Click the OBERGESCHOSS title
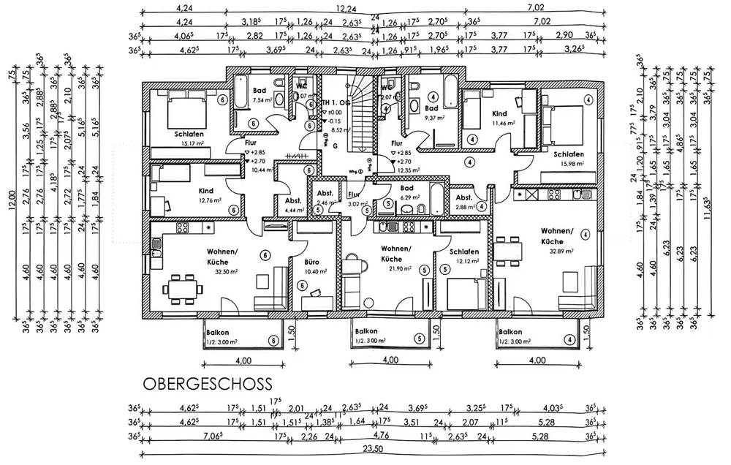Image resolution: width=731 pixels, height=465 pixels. click(x=208, y=383)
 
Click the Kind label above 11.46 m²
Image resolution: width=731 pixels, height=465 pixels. click(x=499, y=113)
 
